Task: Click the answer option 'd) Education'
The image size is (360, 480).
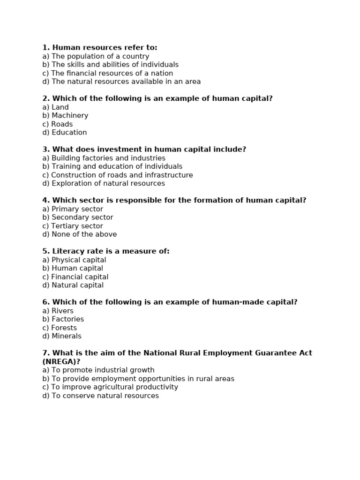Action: tap(64, 133)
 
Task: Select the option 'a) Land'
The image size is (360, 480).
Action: tap(55, 107)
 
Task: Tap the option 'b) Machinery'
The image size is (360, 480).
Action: tap(65, 116)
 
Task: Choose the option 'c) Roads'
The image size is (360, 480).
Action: tap(57, 124)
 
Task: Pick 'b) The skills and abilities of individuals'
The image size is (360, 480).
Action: tap(110, 65)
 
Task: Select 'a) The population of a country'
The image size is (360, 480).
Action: tap(96, 56)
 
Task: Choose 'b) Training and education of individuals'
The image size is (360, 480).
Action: tap(112, 166)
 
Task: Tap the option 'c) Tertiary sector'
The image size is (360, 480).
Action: tap(72, 226)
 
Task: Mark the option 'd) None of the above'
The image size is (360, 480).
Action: tap(79, 234)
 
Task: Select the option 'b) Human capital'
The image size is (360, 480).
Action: tap(73, 269)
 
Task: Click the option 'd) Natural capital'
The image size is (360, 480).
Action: tap(73, 285)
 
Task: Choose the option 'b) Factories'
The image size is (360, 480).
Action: tap(63, 319)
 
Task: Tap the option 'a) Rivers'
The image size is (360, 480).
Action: tap(58, 311)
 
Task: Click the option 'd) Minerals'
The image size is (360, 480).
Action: tap(61, 336)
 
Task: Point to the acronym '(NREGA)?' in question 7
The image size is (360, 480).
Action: tap(61, 361)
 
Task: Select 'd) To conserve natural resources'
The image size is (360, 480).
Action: tap(100, 396)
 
